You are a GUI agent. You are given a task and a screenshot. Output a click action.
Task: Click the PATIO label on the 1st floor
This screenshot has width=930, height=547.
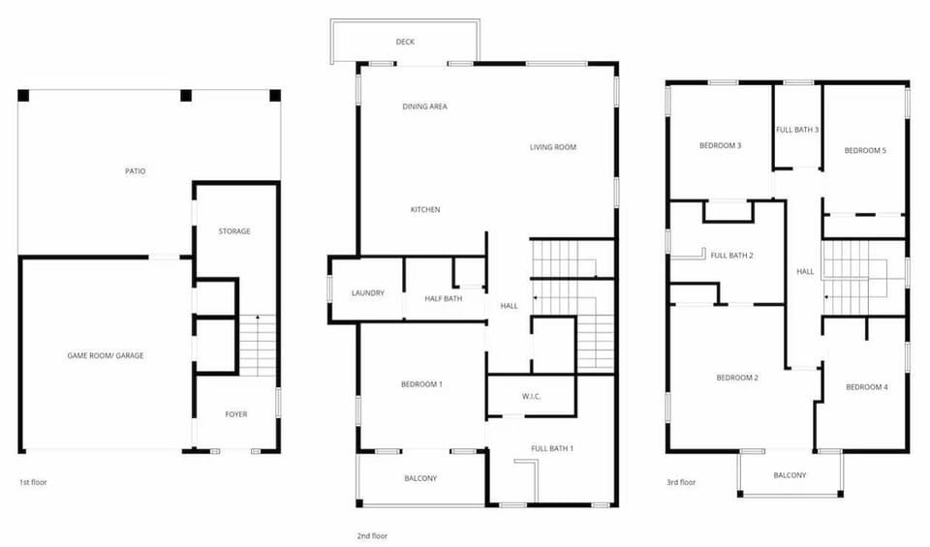[x=136, y=171]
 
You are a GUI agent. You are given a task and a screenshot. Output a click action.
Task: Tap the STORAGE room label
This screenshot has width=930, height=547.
[x=234, y=231]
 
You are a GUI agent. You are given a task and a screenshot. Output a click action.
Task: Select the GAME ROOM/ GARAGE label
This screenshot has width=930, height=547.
[x=106, y=355]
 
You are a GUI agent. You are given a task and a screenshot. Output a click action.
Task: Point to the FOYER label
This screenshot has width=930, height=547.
[x=236, y=414]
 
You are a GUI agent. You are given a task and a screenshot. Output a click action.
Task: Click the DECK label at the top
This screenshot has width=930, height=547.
[x=406, y=42]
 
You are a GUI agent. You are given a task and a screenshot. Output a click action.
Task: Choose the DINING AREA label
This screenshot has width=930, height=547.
[x=424, y=106]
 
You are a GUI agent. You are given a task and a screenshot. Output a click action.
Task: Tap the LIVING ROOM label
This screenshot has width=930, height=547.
[x=553, y=147]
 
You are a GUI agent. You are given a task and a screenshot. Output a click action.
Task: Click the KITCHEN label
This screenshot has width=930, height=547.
[x=425, y=209]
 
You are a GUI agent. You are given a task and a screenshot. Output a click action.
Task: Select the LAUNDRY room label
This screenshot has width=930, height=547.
[x=368, y=293]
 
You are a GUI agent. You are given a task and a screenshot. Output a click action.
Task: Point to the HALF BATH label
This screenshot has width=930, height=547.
[x=444, y=298]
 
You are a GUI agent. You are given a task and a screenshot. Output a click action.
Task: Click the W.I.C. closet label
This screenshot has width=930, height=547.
[x=531, y=395]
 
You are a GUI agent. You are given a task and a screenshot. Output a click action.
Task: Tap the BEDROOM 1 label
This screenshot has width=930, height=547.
[x=421, y=384]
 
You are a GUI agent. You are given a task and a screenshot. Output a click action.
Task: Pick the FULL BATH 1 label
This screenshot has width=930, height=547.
[x=552, y=448]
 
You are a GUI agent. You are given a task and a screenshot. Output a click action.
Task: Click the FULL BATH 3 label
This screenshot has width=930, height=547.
[x=797, y=130]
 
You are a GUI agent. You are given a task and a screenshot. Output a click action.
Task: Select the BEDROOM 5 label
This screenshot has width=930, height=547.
[x=865, y=150]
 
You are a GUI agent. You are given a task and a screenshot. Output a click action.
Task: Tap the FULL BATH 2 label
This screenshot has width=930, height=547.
[x=731, y=256]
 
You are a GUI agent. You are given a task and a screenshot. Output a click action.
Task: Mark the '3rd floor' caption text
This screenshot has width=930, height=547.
[x=680, y=482]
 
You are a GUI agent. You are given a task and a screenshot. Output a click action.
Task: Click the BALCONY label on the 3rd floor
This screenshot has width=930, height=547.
[x=790, y=475]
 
